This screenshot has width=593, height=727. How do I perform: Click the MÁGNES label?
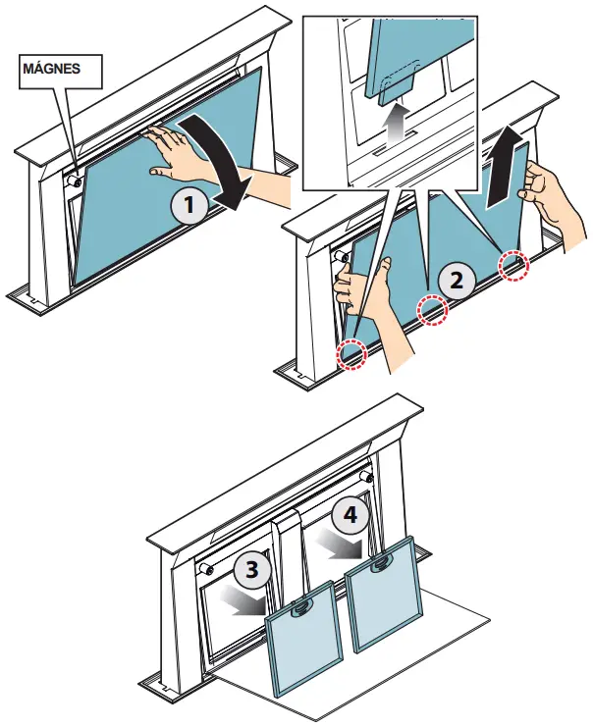coord(50,69)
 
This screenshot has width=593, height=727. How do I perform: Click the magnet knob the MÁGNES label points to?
coord(73,180)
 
